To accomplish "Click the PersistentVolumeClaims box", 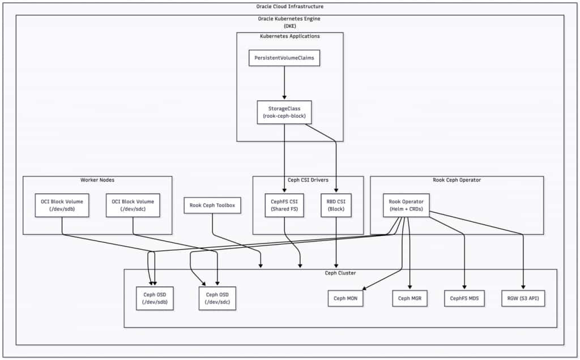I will click(x=284, y=58).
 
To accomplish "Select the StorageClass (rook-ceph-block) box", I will click(x=284, y=112).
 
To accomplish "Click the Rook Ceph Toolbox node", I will click(x=212, y=205).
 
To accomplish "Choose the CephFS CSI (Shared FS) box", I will click(x=285, y=205).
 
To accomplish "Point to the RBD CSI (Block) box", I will click(x=336, y=205).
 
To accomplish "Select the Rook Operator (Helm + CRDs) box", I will click(x=406, y=205).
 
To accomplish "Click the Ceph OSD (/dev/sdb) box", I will click(x=155, y=298).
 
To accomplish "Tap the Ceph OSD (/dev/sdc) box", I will click(x=217, y=298).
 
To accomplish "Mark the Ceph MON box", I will click(x=346, y=298).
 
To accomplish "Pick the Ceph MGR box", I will click(x=410, y=298).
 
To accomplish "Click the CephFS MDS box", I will click(x=464, y=298).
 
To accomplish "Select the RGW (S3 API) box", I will click(x=523, y=298).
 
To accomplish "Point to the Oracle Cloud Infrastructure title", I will click(x=290, y=7).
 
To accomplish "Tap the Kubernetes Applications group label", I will click(x=290, y=36).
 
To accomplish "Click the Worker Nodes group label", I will click(x=97, y=180).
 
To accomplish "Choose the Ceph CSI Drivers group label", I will click(x=308, y=180).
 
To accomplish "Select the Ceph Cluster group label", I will click(x=340, y=273).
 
